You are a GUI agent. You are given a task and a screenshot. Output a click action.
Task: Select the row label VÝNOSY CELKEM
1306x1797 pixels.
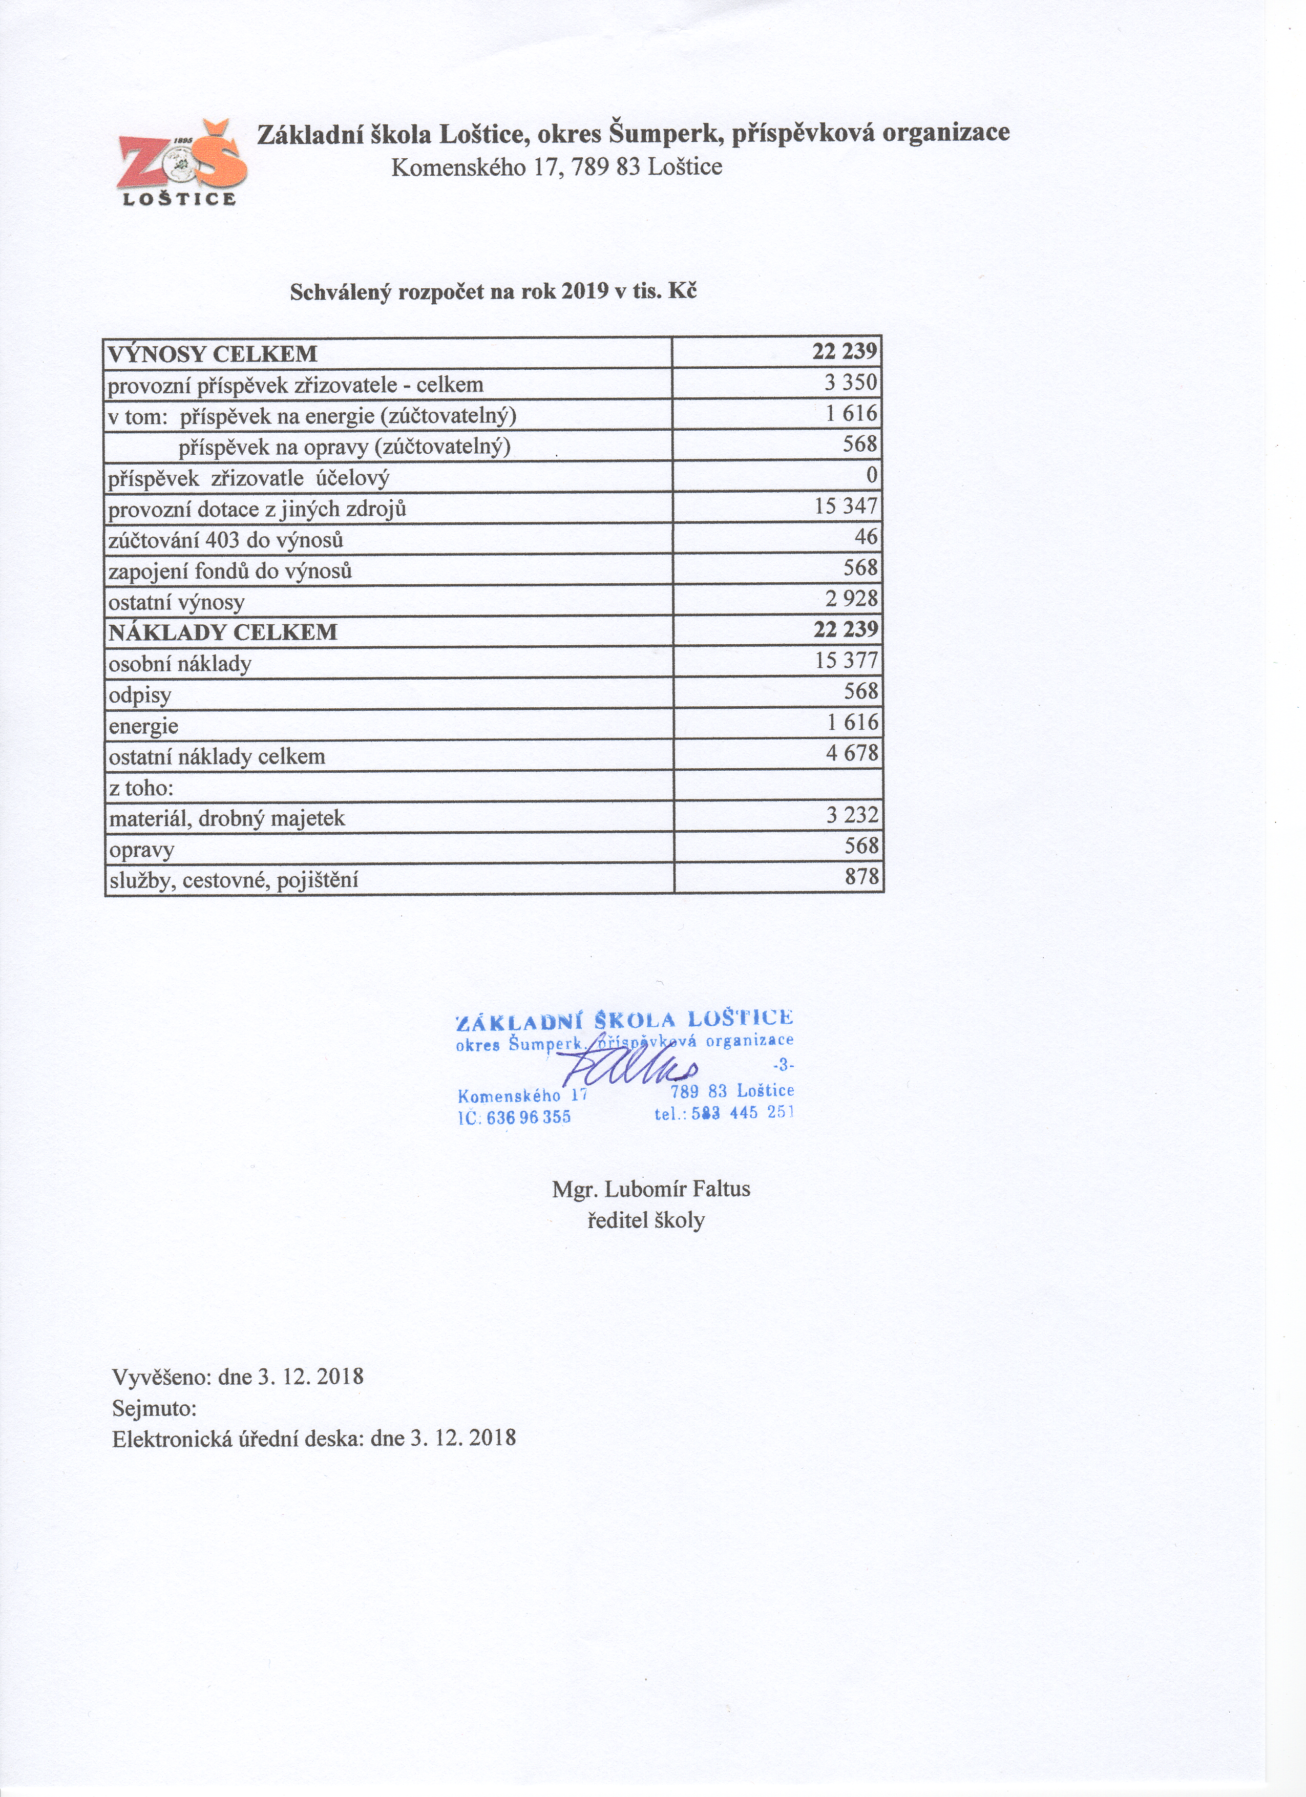tap(213, 353)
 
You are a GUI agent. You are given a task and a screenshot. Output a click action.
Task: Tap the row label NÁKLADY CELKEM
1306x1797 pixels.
tap(223, 632)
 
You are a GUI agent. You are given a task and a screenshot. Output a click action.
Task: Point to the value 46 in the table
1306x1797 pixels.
tap(866, 537)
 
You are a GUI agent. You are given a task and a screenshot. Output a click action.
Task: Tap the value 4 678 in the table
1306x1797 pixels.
tap(852, 753)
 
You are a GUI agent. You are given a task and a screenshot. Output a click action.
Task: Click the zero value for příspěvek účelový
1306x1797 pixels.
tap(872, 475)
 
